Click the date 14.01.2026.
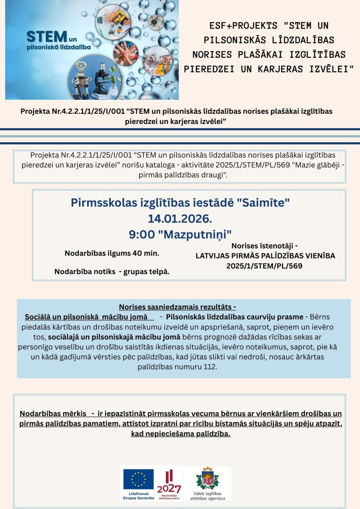[x=180, y=219]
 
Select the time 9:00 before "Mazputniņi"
[x=140, y=234]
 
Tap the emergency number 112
[x=209, y=366]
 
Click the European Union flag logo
[x=138, y=479]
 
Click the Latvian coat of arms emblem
[x=208, y=478]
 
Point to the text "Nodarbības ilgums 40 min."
[x=112, y=253]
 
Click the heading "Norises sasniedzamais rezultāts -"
[x=177, y=307]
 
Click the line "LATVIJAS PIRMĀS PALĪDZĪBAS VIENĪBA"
[x=265, y=256]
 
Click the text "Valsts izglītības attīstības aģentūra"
[x=208, y=495]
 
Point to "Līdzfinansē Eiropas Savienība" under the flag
[x=138, y=496]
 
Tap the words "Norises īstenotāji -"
[x=264, y=246]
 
